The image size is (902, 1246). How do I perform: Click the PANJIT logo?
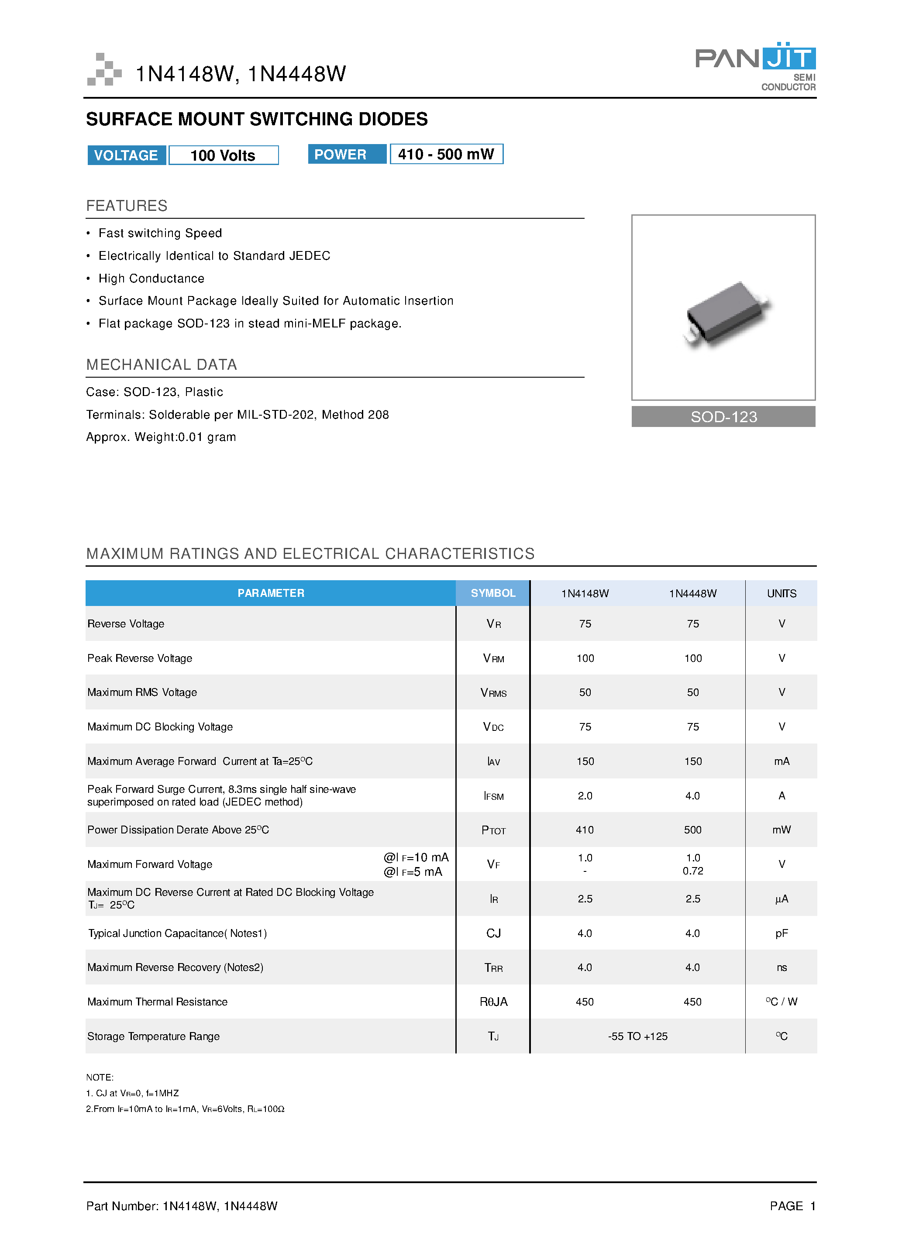(755, 65)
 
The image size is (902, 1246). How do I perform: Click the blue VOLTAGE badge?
(126, 155)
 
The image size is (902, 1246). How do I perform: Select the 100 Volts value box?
(223, 155)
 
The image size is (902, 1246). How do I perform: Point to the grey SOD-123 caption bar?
(723, 416)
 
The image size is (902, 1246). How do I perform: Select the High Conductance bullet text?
(151, 279)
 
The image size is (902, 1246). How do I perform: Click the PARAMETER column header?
(270, 593)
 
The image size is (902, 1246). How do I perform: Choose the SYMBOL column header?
(493, 593)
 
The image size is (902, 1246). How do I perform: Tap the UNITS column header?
(781, 593)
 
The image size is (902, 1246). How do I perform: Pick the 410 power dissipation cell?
(585, 830)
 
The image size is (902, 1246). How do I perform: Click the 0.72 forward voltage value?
(693, 871)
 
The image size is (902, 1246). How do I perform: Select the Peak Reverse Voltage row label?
(140, 658)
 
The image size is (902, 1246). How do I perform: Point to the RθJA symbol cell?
(493, 1002)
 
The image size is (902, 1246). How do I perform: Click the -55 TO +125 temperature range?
(637, 1036)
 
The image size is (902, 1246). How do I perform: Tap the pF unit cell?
(781, 933)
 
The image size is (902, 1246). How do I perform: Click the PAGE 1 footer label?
(792, 1206)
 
